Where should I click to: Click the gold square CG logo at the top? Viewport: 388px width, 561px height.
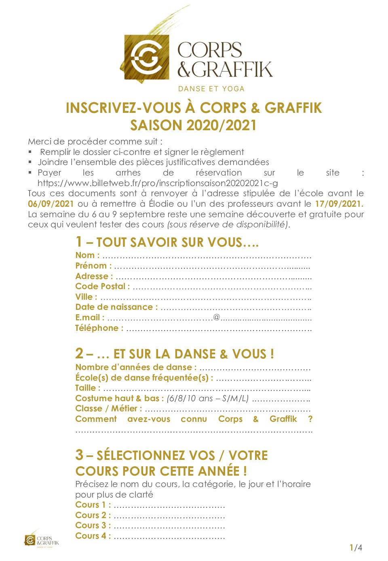coord(146,57)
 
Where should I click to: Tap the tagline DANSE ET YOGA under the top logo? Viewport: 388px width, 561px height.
coord(211,89)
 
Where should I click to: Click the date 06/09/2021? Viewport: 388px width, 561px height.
coord(51,204)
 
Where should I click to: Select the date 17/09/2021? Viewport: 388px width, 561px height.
coord(339,204)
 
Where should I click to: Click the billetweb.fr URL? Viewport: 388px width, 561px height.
coord(158,183)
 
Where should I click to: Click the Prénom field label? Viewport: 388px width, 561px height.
coord(93,266)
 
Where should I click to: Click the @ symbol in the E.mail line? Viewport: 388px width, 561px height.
coord(217,317)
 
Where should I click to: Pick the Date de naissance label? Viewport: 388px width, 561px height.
coord(116,307)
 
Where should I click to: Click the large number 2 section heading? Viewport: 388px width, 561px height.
coord(79,354)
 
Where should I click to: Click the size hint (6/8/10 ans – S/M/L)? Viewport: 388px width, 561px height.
coord(207,398)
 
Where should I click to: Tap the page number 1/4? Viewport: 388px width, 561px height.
coord(356,548)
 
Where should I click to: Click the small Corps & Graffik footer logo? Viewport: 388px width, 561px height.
coord(42,540)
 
